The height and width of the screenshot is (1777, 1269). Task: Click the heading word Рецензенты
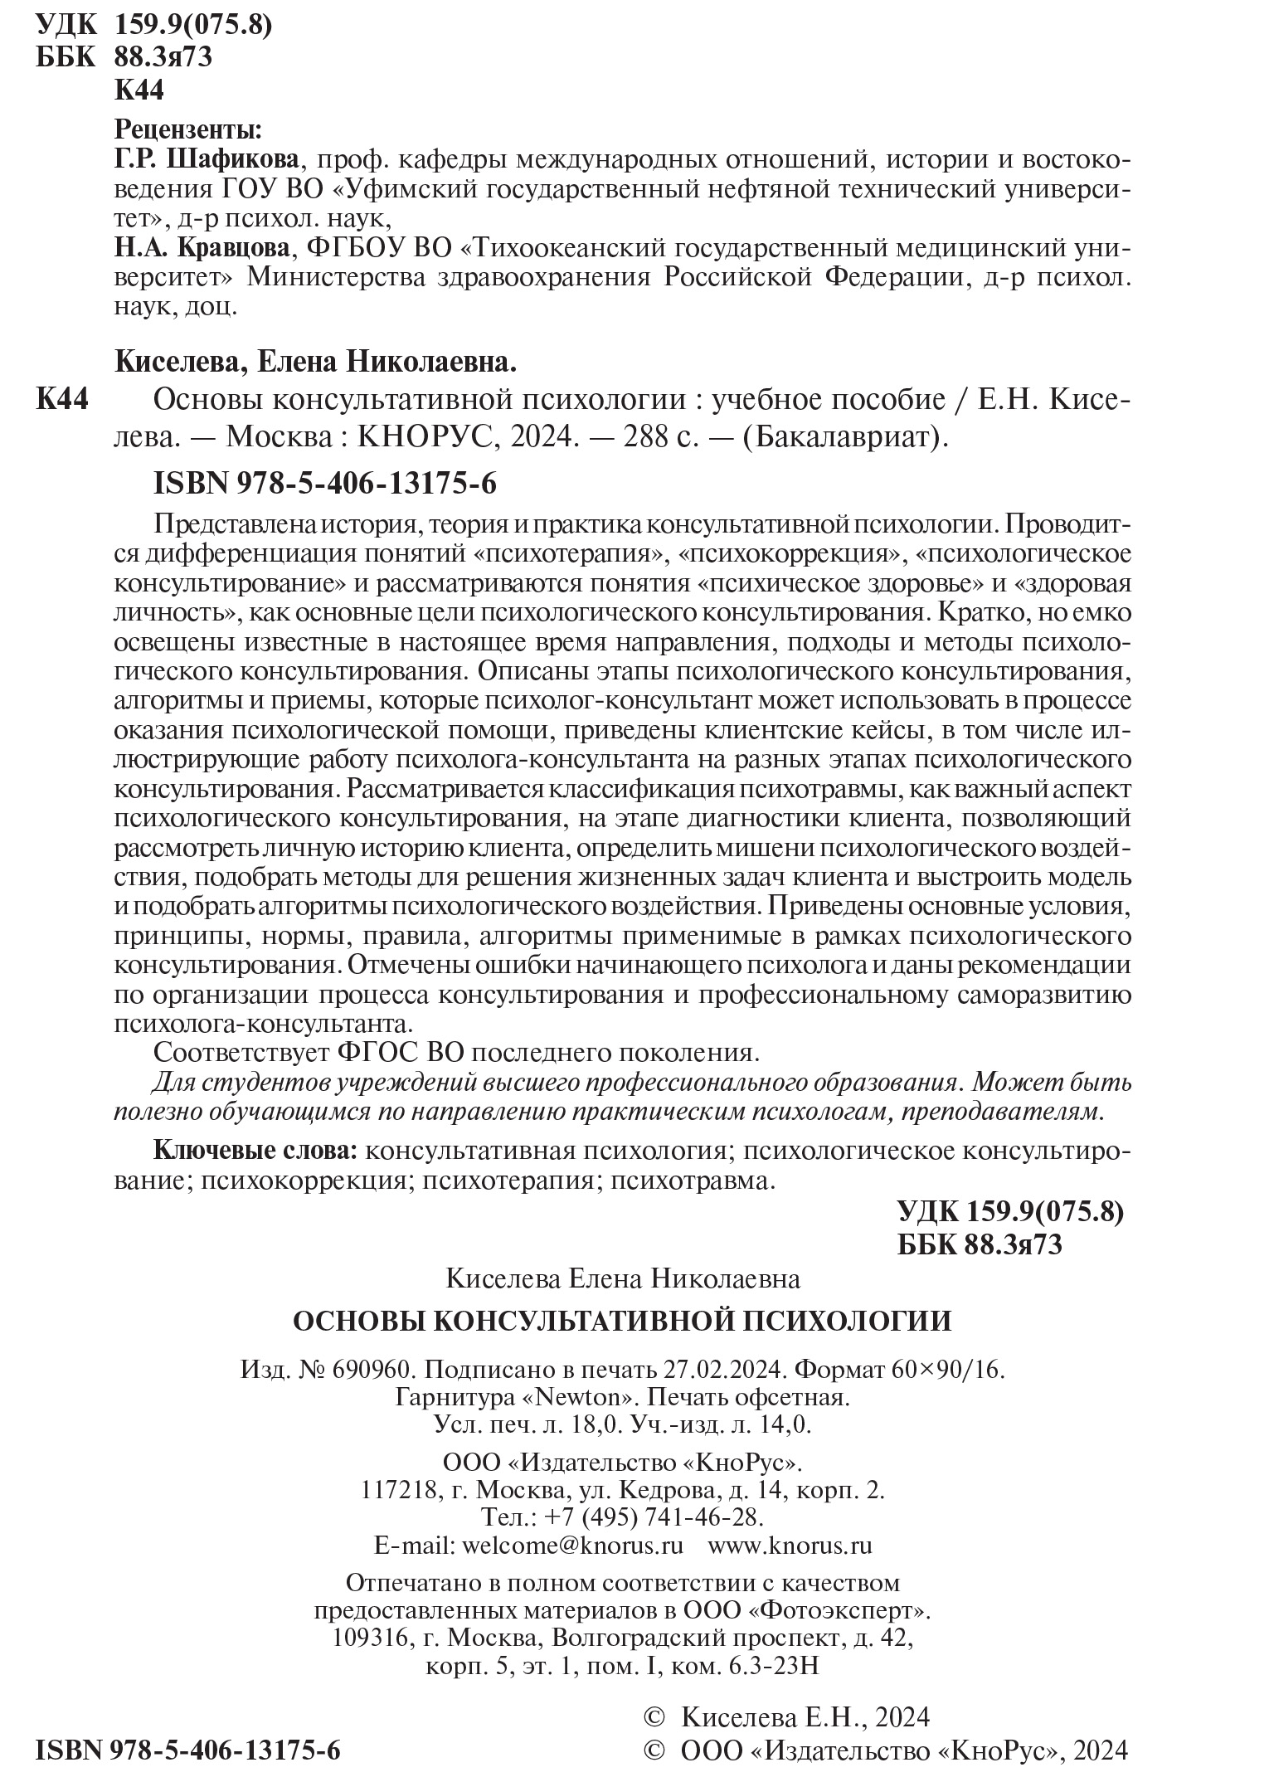point(187,129)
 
